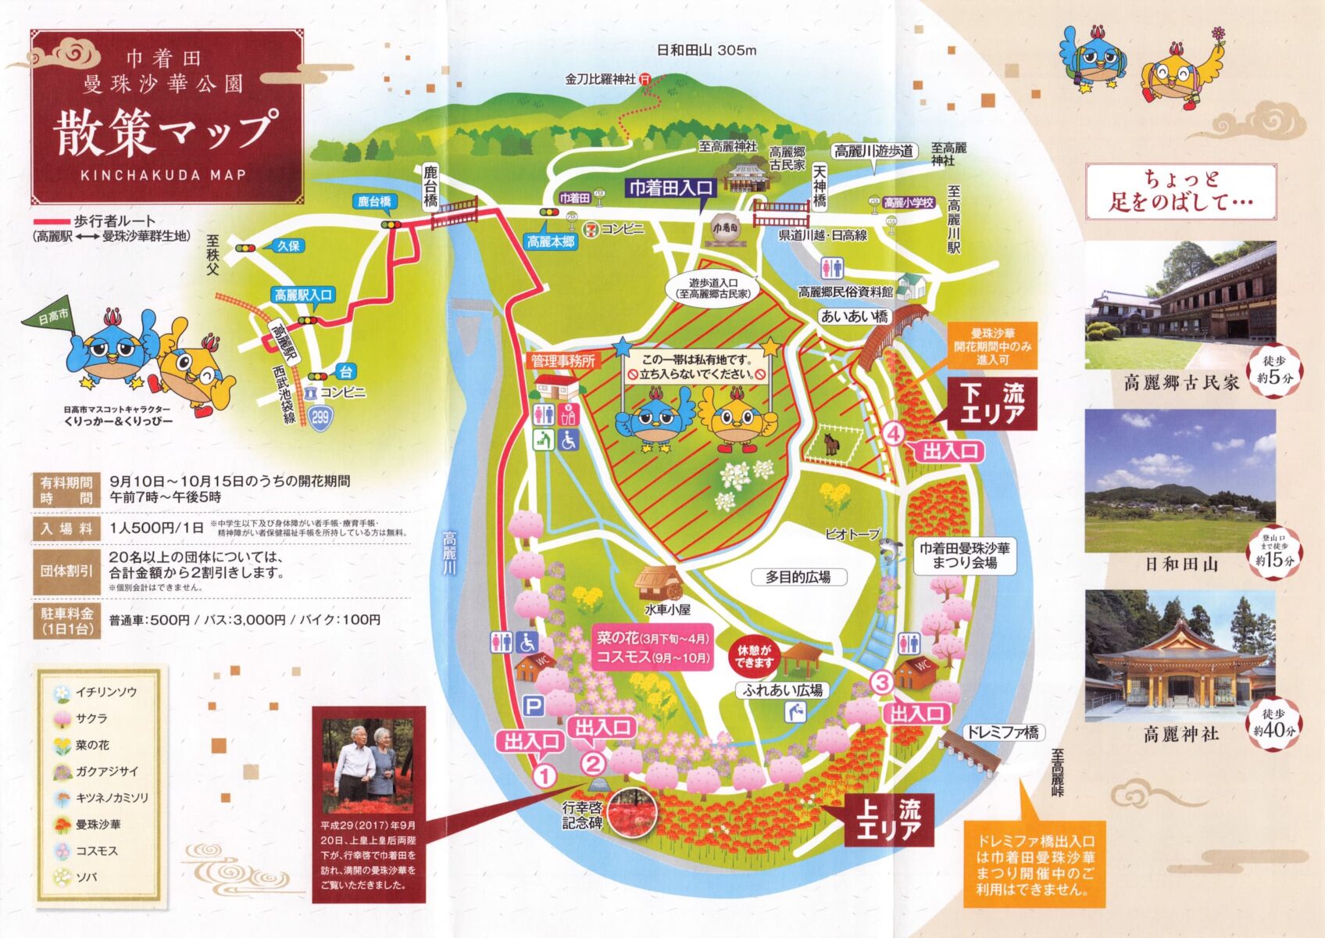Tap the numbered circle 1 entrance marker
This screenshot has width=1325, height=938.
pos(544,775)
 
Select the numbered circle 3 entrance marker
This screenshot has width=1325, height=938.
pos(882,682)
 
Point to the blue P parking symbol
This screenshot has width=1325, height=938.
pos(533,707)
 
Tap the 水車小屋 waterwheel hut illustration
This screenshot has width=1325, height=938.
pos(657,582)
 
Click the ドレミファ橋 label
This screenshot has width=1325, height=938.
pos(1003,732)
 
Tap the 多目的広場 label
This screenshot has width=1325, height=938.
pos(797,577)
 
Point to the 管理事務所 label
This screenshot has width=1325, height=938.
pos(562,360)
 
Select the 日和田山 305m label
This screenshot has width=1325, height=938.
pos(706,50)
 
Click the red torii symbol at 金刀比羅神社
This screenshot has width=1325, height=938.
pos(645,78)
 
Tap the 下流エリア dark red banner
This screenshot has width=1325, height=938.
pos(992,403)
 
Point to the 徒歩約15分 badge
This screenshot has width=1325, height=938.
pos(1274,551)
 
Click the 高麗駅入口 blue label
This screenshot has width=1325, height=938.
pos(303,295)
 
